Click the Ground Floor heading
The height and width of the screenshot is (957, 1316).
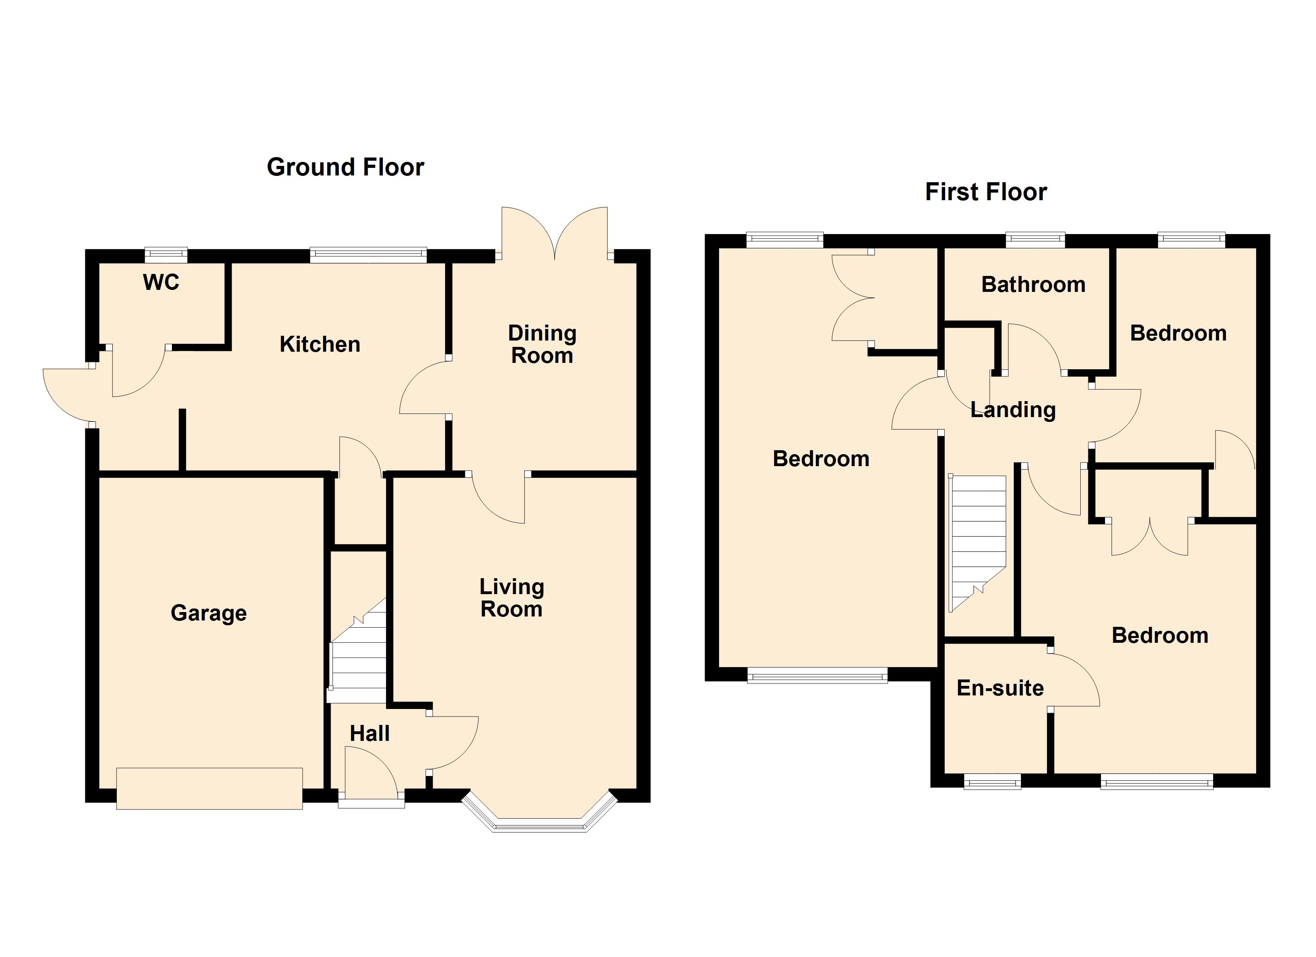coord(345,167)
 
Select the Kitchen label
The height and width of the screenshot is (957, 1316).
coord(320,344)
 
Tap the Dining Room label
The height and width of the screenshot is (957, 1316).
coord(542,344)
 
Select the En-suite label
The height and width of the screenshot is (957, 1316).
coord(1000,688)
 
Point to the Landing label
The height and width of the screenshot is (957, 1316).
coord(1013,410)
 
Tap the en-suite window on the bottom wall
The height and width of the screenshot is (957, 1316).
coord(992,783)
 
